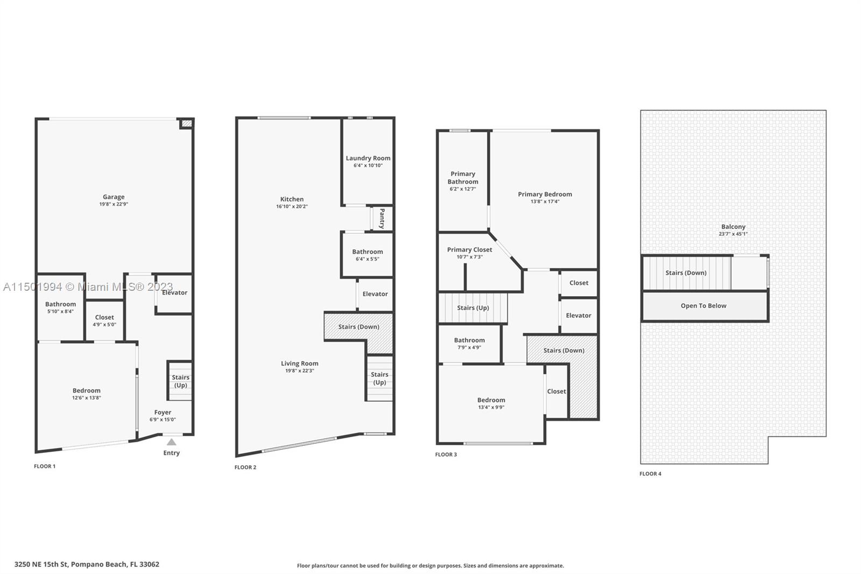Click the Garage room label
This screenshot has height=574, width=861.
tap(114, 197)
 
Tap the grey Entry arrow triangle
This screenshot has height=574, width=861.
tap(172, 442)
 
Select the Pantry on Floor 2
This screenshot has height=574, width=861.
tap(382, 219)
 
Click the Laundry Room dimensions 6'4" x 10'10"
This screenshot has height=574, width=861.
tap(368, 165)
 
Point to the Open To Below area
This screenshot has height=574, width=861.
tap(704, 306)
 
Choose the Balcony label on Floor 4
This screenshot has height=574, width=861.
tap(733, 227)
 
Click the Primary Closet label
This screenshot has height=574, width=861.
tap(469, 250)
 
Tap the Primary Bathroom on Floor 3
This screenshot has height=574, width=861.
tap(463, 181)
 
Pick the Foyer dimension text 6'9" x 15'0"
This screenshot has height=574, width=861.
tap(163, 419)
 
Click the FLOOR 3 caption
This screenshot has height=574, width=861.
tap(446, 454)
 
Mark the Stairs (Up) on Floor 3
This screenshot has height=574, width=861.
tap(473, 308)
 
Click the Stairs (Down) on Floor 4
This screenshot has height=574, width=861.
tap(687, 273)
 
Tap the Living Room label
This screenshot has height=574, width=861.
tap(299, 363)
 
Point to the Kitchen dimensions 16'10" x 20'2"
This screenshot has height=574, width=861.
tap(292, 206)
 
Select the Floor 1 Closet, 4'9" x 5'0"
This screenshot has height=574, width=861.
tap(104, 320)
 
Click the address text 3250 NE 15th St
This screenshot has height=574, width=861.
tap(41, 564)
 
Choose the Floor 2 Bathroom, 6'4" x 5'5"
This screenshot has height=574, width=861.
tap(368, 255)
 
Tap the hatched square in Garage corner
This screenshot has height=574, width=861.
tap(187, 123)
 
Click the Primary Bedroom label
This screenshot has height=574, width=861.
tap(545, 194)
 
